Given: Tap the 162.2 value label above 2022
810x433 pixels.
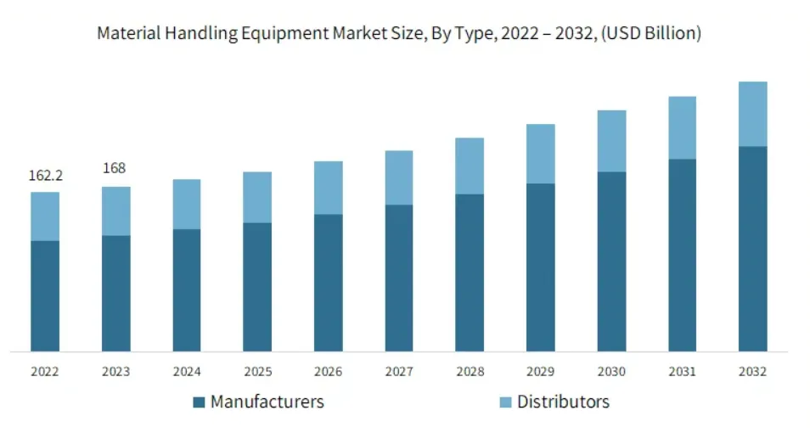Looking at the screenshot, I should tap(46, 176).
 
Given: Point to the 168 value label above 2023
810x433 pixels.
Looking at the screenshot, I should tap(115, 168).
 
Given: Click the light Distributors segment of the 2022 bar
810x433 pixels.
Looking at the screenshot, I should tap(46, 216).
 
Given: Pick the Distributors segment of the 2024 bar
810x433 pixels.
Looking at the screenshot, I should tap(187, 204).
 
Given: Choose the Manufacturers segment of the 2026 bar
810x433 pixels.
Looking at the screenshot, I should tap(329, 282).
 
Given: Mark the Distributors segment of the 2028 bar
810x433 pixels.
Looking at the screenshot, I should tap(470, 166).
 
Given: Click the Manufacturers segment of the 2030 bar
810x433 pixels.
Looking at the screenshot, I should tap(611, 261).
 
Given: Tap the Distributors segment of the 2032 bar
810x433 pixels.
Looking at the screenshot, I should tap(752, 114).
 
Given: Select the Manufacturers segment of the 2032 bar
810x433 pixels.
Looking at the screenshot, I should tap(752, 248).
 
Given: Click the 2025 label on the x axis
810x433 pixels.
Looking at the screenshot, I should tap(257, 372).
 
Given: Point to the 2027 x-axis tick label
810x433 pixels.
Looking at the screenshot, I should tap(399, 372).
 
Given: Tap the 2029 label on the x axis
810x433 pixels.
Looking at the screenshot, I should tap(540, 372).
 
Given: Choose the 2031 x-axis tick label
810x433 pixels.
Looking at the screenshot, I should tap(682, 372).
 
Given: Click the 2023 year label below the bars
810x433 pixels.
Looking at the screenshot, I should tap(116, 372).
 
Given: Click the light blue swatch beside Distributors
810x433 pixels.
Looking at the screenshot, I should tap(505, 402).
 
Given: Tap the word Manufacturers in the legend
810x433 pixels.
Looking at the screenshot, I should tap(267, 402).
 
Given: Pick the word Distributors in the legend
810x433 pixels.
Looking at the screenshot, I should tap(563, 402).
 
